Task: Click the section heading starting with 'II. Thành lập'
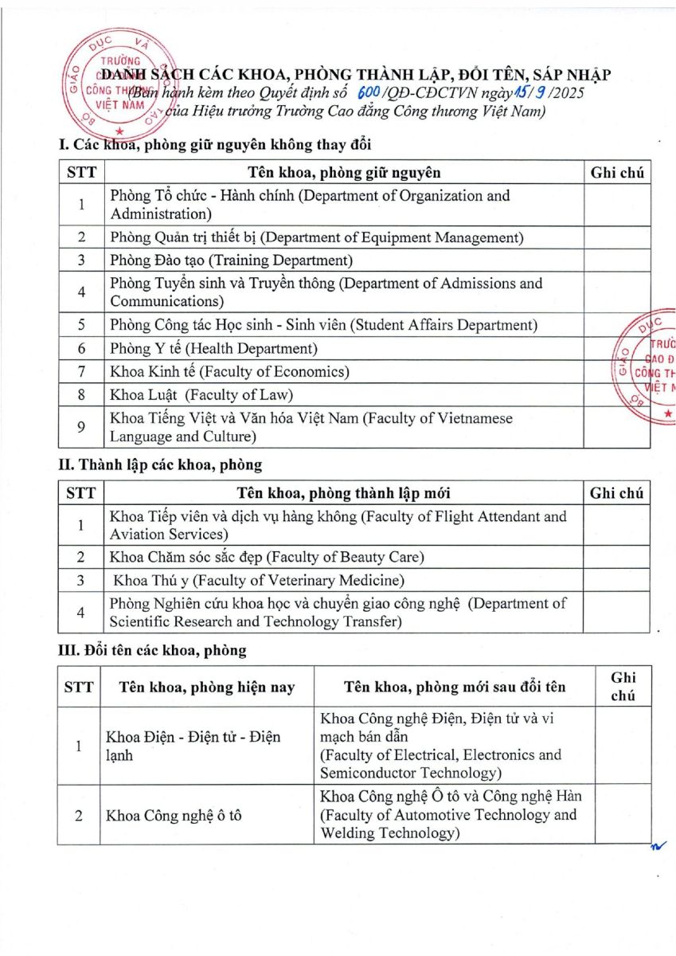(x=160, y=464)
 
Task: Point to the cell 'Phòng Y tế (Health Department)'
(x=213, y=348)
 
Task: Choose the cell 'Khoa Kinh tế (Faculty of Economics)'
(x=229, y=371)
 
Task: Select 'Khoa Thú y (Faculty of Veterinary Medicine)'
(x=259, y=580)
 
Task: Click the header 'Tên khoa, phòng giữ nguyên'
(x=344, y=173)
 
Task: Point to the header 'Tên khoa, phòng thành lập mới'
(x=344, y=493)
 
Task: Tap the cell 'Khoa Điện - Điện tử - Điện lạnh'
(x=193, y=746)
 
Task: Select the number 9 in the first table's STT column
(x=81, y=427)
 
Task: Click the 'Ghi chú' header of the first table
(x=617, y=173)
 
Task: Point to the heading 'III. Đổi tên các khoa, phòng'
(x=153, y=650)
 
